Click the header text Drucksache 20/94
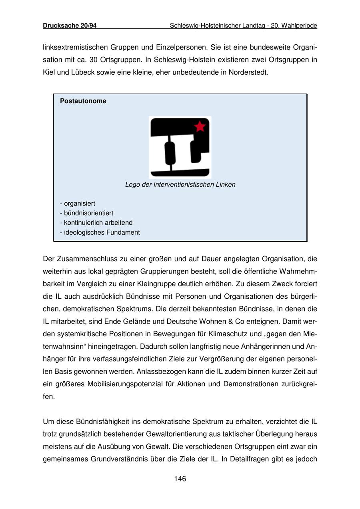[70, 26]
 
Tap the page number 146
[180, 479]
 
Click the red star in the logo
[200, 127]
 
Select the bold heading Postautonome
[83, 101]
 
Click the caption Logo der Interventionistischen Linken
[180, 185]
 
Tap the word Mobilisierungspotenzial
[123, 384]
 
